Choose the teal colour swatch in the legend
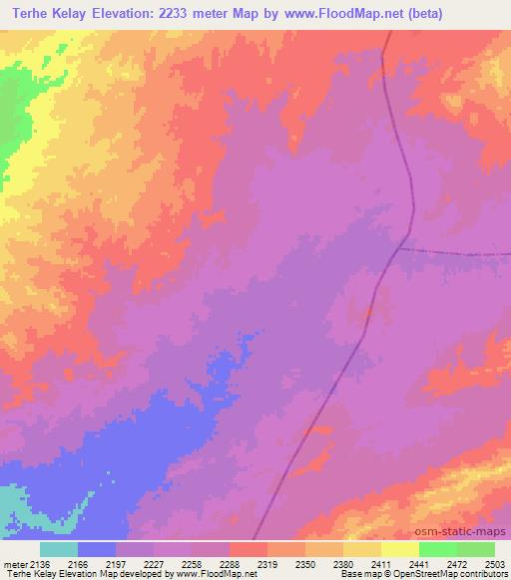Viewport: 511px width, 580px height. click(58, 549)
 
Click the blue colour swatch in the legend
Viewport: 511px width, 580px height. click(96, 549)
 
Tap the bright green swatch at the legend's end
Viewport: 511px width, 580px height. click(476, 549)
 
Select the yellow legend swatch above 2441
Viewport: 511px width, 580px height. click(400, 549)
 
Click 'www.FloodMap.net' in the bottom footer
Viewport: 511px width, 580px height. click(212, 574)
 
